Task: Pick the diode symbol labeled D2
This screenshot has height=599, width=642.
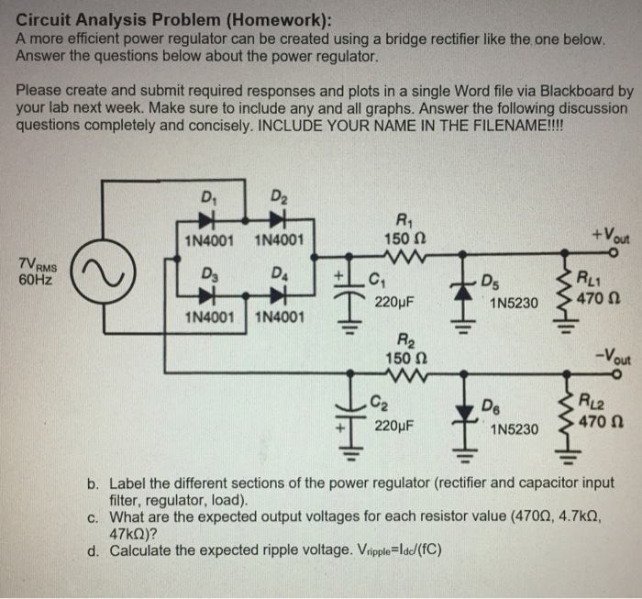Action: [x=272, y=220]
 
